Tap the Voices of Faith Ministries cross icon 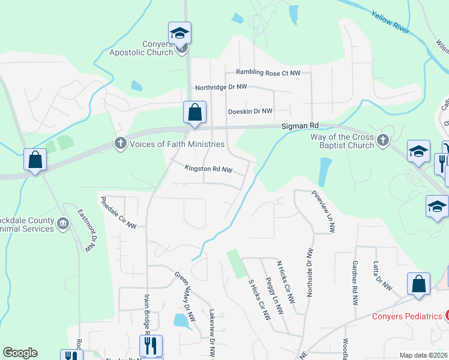[x=120, y=143]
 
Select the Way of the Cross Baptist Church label [x=342, y=142]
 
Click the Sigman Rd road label [x=300, y=126]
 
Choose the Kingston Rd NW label [x=208, y=169]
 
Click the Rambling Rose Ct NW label [x=268, y=73]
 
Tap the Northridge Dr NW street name [x=221, y=87]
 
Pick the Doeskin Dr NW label [x=250, y=112]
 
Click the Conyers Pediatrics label [x=407, y=316]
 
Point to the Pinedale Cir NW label [x=119, y=212]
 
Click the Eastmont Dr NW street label [x=86, y=230]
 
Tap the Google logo [x=20, y=353]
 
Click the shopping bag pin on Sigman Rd [x=194, y=112]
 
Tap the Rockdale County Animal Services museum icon [x=62, y=225]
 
